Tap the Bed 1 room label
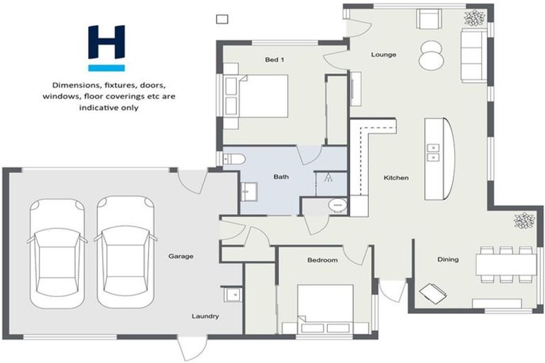click(275, 60)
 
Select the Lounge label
click(383, 55)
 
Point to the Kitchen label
click(396, 178)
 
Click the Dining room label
click(448, 259)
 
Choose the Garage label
click(181, 256)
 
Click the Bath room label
click(282, 178)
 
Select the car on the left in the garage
click(57, 252)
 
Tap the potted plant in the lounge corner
click(473, 17)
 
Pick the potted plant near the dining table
click(524, 221)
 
